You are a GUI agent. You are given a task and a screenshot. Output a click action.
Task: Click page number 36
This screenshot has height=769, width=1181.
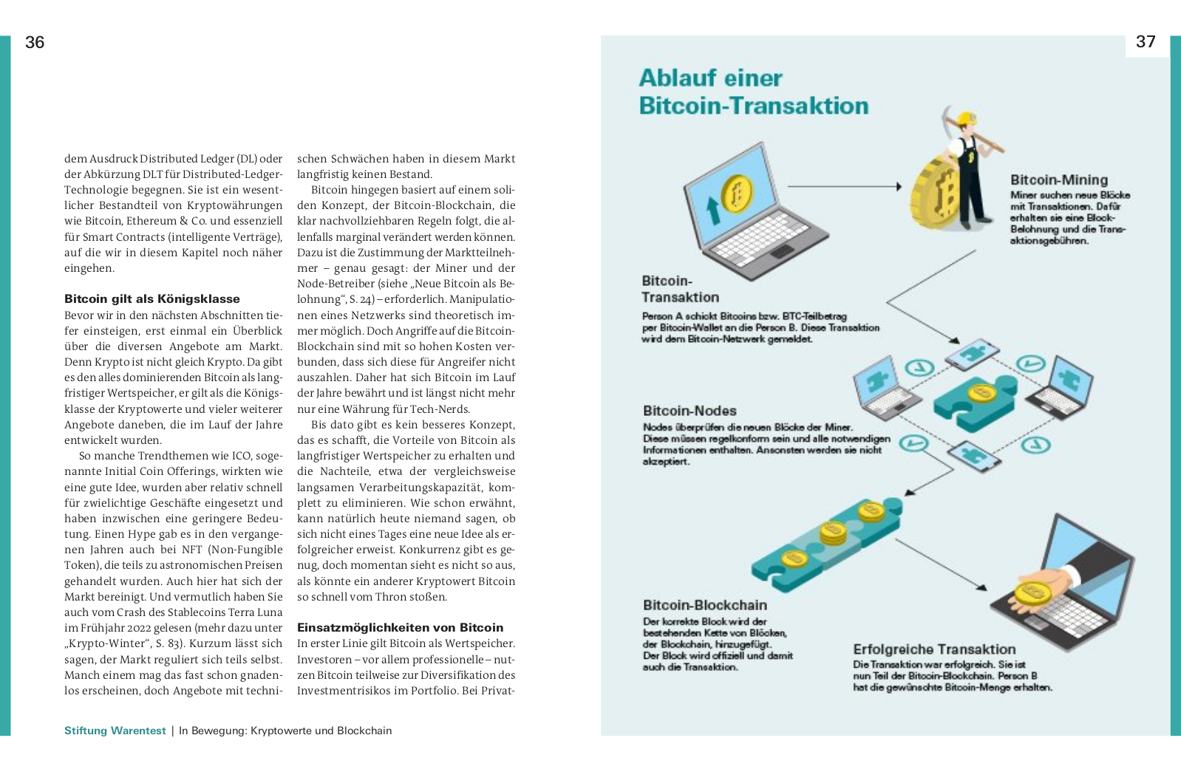coord(35,43)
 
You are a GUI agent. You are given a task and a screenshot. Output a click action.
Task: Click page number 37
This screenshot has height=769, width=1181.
coord(1145,42)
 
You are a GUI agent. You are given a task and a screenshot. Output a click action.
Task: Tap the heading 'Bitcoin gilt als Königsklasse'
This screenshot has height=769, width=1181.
coord(152,299)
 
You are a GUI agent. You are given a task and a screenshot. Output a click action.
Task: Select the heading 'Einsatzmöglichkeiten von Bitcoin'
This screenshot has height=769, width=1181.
coord(400,628)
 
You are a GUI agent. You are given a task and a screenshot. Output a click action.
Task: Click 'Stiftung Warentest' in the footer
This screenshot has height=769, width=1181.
coord(115,731)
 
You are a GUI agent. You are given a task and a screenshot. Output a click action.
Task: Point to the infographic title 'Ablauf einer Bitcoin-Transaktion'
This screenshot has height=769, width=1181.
coord(752,92)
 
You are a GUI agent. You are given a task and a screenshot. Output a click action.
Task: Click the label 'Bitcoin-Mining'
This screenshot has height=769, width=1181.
coord(1058,180)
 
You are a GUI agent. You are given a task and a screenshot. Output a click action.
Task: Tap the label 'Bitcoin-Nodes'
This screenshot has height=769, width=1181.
coord(689,411)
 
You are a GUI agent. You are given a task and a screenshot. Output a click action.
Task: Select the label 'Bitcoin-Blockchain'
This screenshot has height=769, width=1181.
coord(704,606)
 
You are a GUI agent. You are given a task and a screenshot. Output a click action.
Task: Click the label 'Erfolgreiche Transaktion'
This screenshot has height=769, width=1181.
coord(933,649)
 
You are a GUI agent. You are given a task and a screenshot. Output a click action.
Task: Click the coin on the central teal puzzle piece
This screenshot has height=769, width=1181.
coord(981,393)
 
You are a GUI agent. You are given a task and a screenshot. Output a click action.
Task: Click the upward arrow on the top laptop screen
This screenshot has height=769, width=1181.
coord(713,210)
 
